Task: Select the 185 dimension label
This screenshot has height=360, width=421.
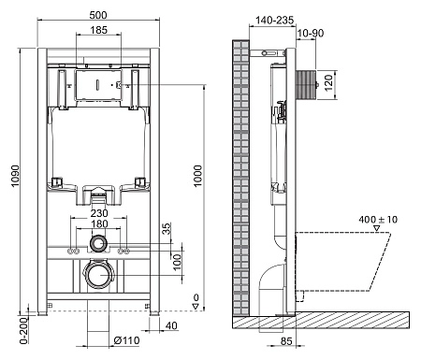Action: [97, 31]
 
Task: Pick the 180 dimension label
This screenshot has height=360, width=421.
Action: [97, 224]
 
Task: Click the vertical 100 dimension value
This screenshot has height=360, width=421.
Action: [178, 259]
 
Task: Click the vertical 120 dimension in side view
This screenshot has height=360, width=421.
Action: [328, 82]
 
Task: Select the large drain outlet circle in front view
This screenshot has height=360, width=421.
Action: [97, 276]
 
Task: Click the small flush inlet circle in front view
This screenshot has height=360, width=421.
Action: [97, 244]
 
